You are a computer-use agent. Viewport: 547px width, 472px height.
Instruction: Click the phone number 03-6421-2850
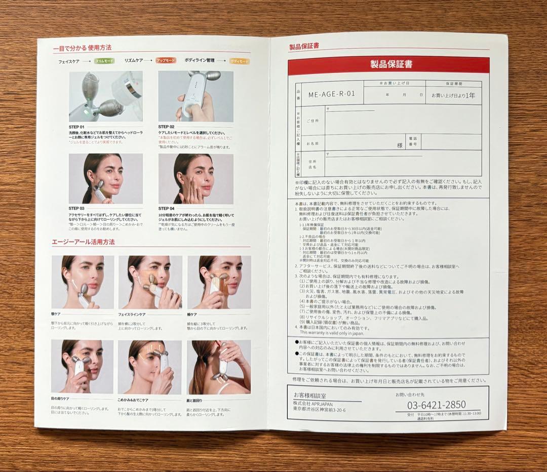(x=437, y=405)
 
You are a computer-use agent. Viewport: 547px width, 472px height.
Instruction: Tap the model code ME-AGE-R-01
(x=332, y=94)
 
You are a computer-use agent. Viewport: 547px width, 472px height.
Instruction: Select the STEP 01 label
(x=77, y=127)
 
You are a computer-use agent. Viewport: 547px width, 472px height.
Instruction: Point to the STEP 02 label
(x=166, y=127)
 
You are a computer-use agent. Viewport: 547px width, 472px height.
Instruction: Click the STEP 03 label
(x=77, y=208)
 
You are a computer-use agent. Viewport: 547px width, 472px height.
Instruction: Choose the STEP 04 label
(x=166, y=208)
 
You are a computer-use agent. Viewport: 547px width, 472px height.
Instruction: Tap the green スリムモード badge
(x=104, y=61)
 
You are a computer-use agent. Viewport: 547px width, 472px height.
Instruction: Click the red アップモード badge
(x=166, y=60)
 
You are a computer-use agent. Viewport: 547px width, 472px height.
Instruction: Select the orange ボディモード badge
(x=240, y=61)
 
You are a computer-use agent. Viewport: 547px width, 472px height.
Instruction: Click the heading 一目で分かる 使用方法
(x=82, y=48)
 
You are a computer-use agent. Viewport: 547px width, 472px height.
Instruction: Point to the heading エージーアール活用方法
(x=83, y=243)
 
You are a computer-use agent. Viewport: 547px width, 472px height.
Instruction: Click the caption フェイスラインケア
(x=133, y=314)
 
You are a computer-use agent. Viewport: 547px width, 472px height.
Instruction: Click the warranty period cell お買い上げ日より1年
(x=453, y=95)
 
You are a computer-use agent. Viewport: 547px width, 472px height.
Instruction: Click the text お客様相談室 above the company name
(x=307, y=394)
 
